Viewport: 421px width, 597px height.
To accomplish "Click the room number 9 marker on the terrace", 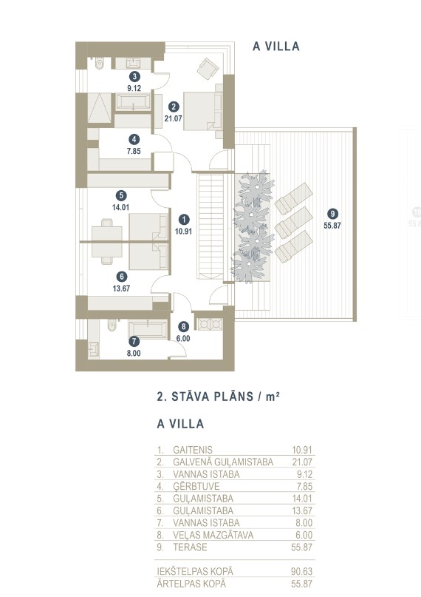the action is pyautogui.click(x=332, y=214).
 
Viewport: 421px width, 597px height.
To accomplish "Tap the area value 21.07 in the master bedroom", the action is pyautogui.click(x=174, y=118).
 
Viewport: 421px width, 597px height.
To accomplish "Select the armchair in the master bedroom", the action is pyautogui.click(x=208, y=69).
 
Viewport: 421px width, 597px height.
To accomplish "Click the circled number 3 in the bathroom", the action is pyautogui.click(x=134, y=76).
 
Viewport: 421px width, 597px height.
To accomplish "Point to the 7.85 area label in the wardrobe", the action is pyautogui.click(x=134, y=151).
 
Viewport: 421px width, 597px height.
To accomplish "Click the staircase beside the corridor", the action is pyautogui.click(x=210, y=226).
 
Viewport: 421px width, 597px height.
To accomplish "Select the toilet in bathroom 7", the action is pyautogui.click(x=112, y=326).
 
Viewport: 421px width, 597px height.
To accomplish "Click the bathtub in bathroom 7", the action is pyautogui.click(x=148, y=329).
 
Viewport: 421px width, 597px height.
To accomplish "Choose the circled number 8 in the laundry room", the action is pyautogui.click(x=183, y=326).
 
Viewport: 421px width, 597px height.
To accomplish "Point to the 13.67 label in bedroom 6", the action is pyautogui.click(x=121, y=289).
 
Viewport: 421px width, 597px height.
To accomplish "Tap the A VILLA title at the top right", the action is pyautogui.click(x=276, y=47).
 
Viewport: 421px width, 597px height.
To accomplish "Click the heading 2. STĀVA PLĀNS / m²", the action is pyautogui.click(x=219, y=397).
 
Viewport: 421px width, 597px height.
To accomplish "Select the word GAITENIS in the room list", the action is pyautogui.click(x=193, y=450).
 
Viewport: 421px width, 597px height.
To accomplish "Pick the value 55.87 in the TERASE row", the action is pyautogui.click(x=301, y=547).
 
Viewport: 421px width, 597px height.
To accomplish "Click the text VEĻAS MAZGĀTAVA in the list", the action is pyautogui.click(x=213, y=535).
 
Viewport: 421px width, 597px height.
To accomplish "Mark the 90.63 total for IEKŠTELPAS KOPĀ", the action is pyautogui.click(x=301, y=572).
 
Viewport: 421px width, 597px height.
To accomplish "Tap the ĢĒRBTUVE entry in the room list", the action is pyautogui.click(x=196, y=486).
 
